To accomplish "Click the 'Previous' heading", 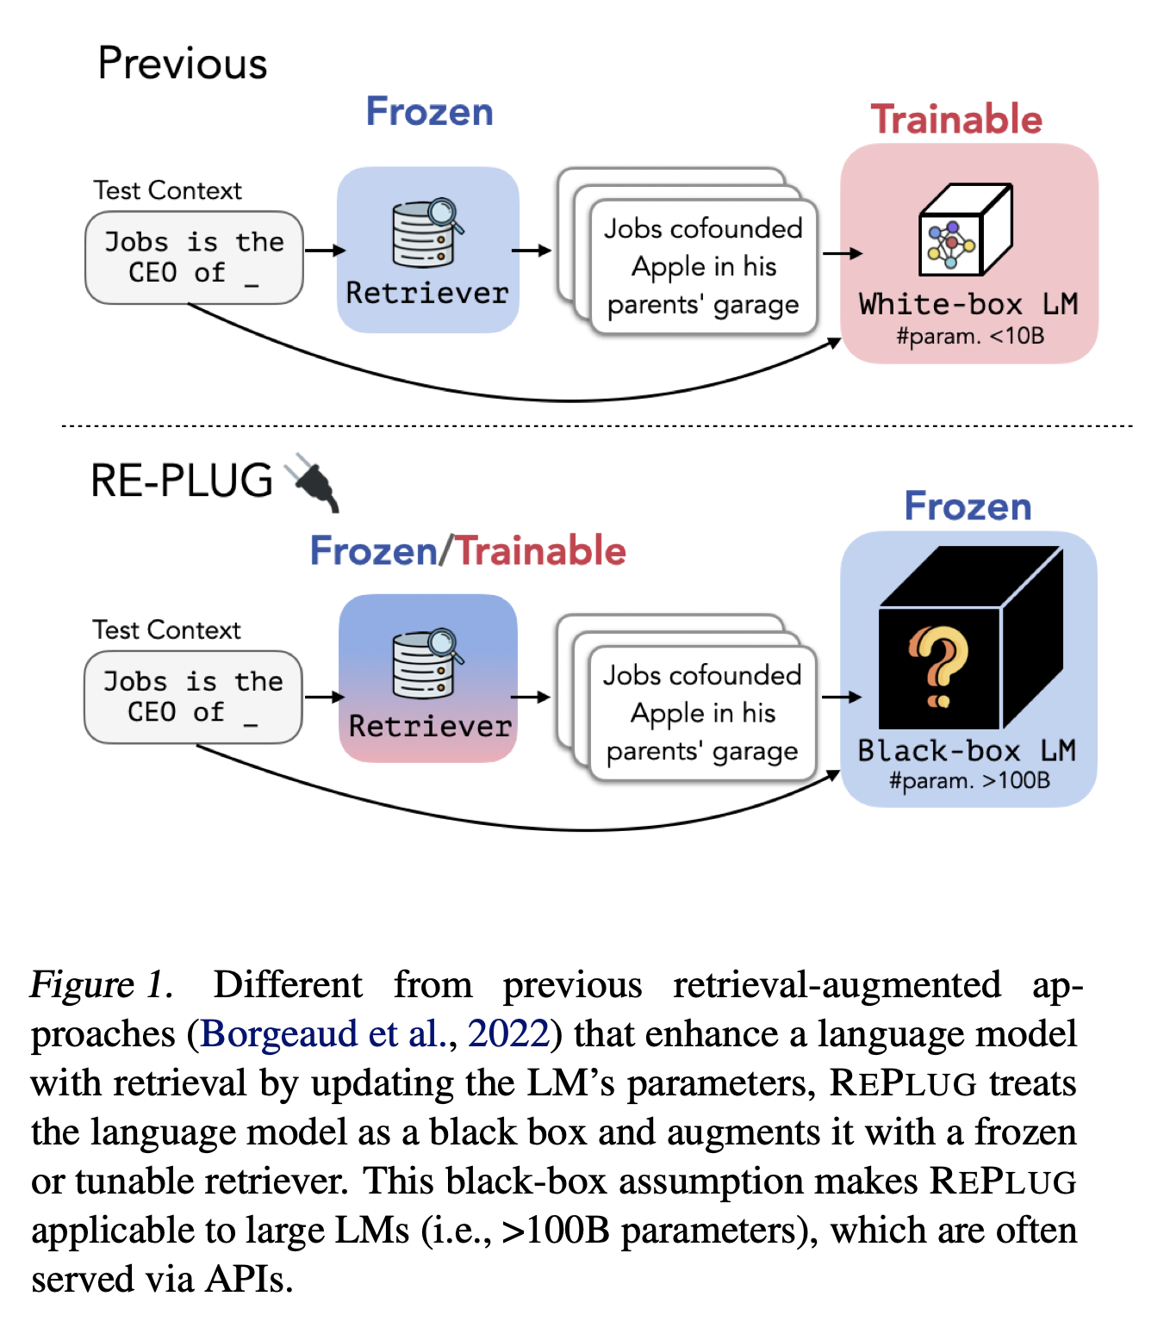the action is (x=182, y=64).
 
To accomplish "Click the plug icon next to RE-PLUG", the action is (x=311, y=481).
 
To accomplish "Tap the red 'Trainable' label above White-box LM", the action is (x=955, y=120).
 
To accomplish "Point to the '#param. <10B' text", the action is (x=969, y=336).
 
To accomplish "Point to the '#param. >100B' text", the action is (x=969, y=780).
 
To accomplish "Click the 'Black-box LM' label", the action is (x=967, y=750).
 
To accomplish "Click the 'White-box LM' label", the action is (x=968, y=304).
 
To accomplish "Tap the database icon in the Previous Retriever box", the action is (x=426, y=233).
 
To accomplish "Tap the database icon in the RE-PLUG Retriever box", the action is (x=426, y=663).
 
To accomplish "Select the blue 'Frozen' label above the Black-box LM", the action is (x=967, y=506).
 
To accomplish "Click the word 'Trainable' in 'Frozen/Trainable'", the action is (x=539, y=550).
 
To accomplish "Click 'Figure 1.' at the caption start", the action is (x=101, y=984).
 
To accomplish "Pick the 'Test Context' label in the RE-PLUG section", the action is (x=166, y=629).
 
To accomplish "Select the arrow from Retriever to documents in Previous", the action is (x=532, y=250).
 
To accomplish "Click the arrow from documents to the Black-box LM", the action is (x=841, y=697).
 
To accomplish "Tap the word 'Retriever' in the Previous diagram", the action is (x=426, y=293).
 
